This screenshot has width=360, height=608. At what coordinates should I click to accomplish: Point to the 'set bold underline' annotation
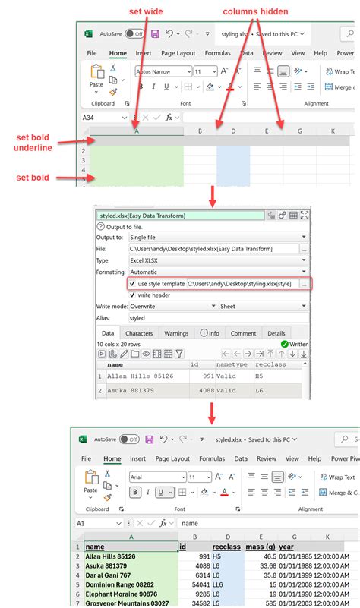(33, 142)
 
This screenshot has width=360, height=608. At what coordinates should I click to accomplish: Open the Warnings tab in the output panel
(176, 332)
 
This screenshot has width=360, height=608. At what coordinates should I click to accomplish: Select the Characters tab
(139, 332)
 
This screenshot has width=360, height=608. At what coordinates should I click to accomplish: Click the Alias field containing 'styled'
(216, 318)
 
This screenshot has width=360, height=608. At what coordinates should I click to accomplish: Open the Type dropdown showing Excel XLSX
(216, 259)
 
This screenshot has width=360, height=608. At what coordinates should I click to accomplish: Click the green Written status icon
(285, 344)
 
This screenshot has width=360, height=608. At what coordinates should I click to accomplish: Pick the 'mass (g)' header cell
(260, 546)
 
